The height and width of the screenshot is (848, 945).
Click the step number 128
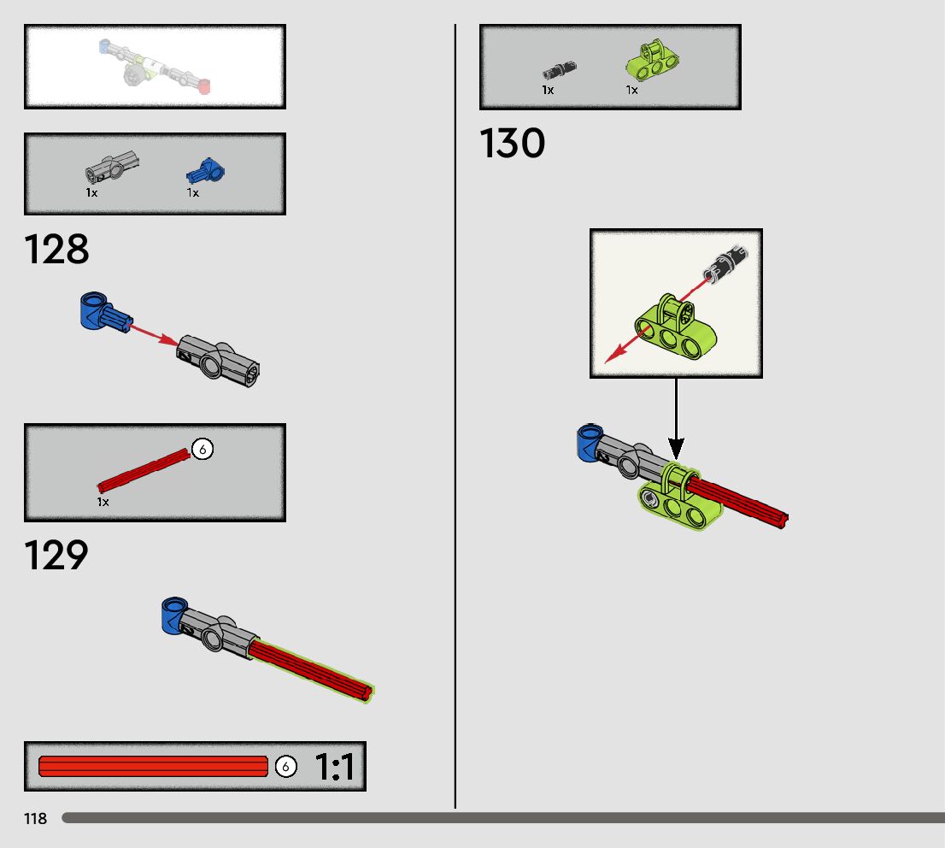tap(56, 250)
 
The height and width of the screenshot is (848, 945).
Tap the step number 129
tap(56, 556)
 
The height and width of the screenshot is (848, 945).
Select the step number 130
tap(513, 144)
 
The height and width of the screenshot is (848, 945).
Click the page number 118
tap(36, 819)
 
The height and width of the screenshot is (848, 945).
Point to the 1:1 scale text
tap(335, 767)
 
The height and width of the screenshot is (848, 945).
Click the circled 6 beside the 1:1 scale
tap(286, 767)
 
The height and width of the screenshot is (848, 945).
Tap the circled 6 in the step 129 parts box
tap(202, 448)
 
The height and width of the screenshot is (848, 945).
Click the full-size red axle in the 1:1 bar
tap(154, 766)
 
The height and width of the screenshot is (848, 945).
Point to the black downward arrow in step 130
tap(676, 419)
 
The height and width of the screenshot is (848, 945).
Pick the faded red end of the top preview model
tap(204, 85)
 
